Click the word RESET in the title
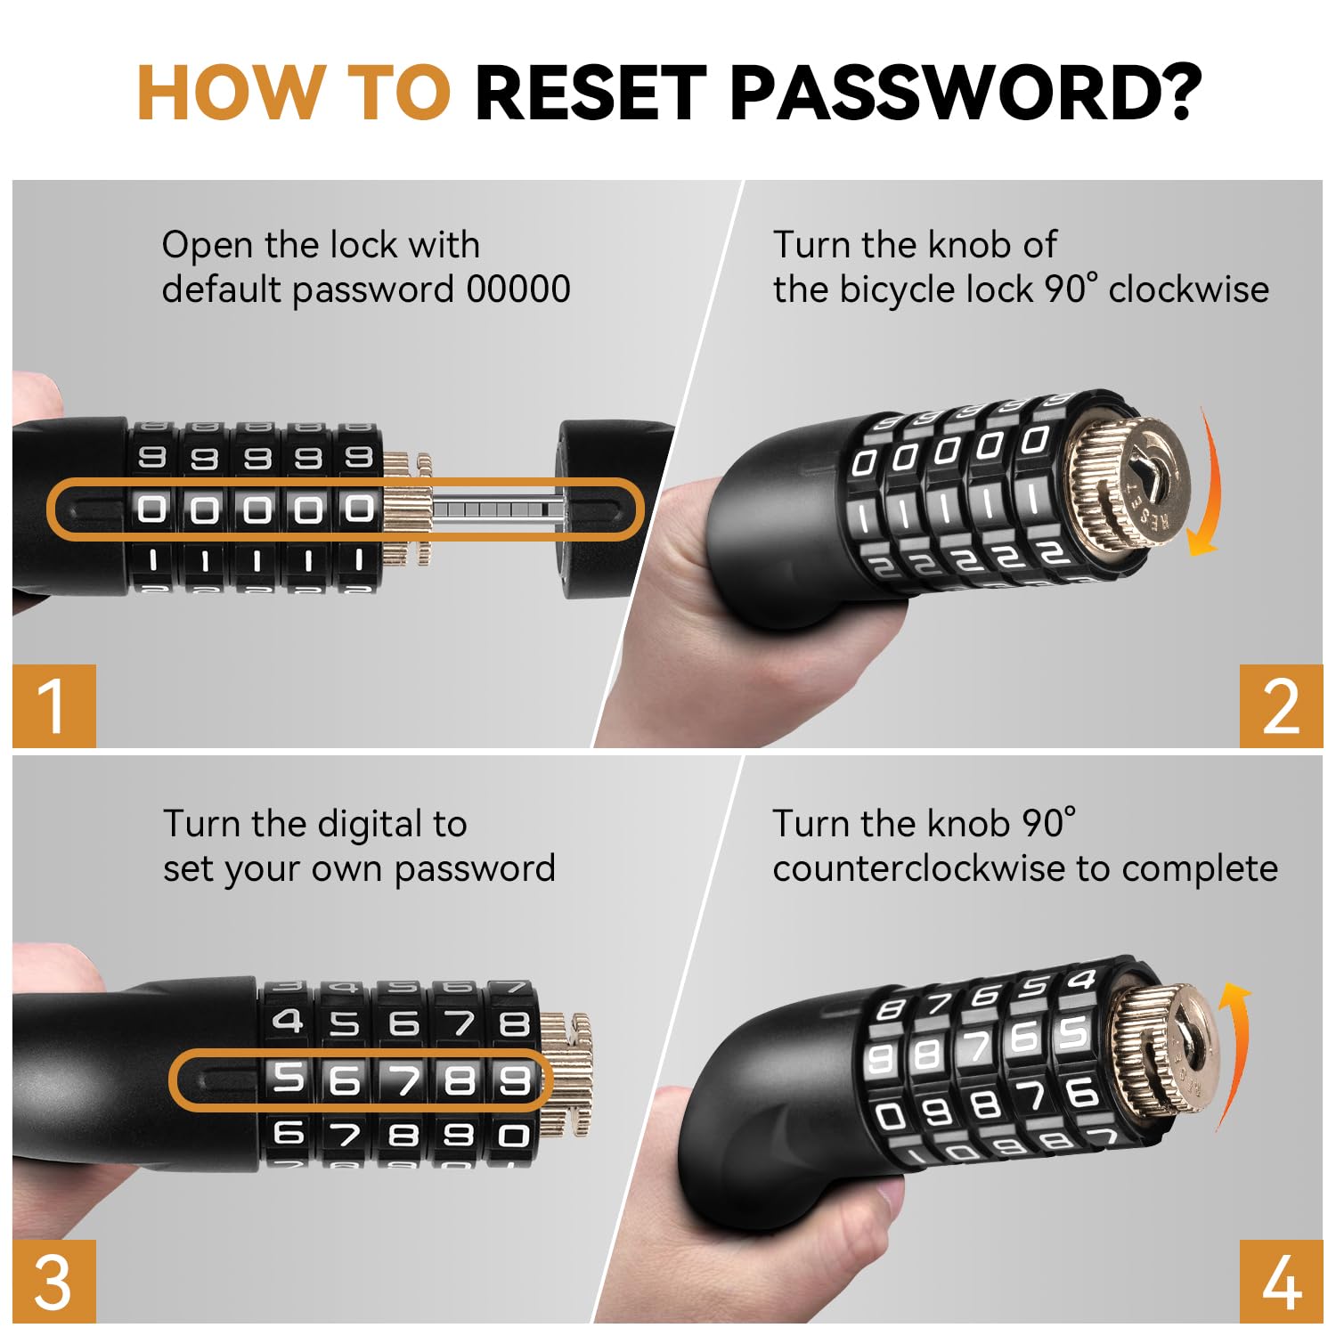[591, 93]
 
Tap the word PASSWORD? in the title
[965, 93]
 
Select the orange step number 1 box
[54, 705]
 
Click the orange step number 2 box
[1281, 705]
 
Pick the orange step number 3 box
[54, 1281]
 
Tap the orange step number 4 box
[1281, 1281]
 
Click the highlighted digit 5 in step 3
[289, 1079]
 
